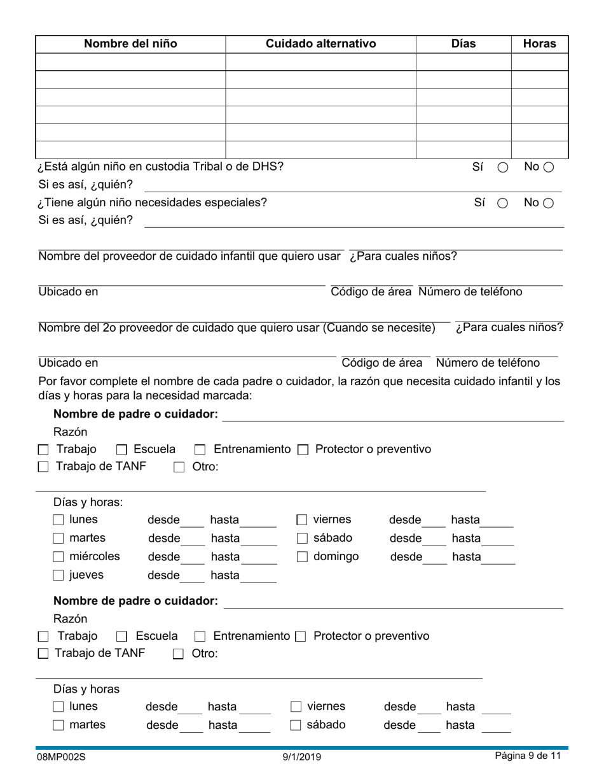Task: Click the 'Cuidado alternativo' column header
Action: tap(320, 44)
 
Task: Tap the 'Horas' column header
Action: tap(539, 44)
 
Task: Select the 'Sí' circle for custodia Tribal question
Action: tap(502, 167)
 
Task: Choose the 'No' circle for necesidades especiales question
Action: tap(549, 203)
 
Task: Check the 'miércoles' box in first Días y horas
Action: tap(58, 557)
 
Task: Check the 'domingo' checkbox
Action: tap(303, 557)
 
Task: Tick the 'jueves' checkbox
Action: tap(58, 575)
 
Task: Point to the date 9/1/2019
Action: tap(302, 757)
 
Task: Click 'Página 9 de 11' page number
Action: tap(528, 756)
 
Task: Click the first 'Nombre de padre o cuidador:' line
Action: tap(392, 416)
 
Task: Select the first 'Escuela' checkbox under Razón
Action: tap(122, 450)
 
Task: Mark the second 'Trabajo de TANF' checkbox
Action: tap(43, 653)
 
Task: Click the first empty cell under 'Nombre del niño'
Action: tap(130, 62)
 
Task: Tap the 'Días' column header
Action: tap(463, 44)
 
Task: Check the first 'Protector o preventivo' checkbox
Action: tap(303, 450)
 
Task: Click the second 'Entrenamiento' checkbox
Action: tap(200, 637)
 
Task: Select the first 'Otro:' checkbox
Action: tap(179, 467)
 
